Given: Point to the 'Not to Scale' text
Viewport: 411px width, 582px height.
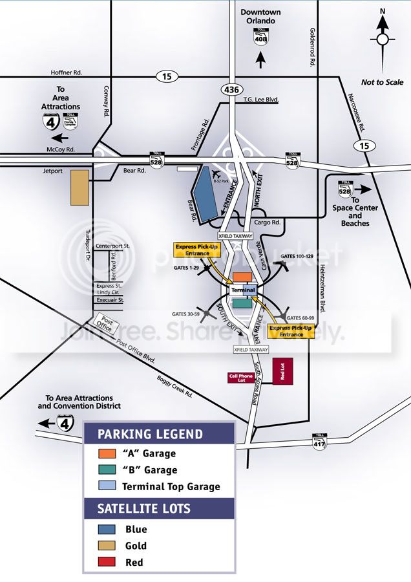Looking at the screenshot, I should point(382,82).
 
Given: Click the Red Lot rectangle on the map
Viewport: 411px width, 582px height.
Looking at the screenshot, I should point(283,372).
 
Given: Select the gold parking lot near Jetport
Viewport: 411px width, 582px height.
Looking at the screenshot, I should point(80,188).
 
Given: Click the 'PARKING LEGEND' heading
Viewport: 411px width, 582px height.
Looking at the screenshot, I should point(149,434).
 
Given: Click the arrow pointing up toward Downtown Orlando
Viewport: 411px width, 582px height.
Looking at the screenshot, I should point(261,61).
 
